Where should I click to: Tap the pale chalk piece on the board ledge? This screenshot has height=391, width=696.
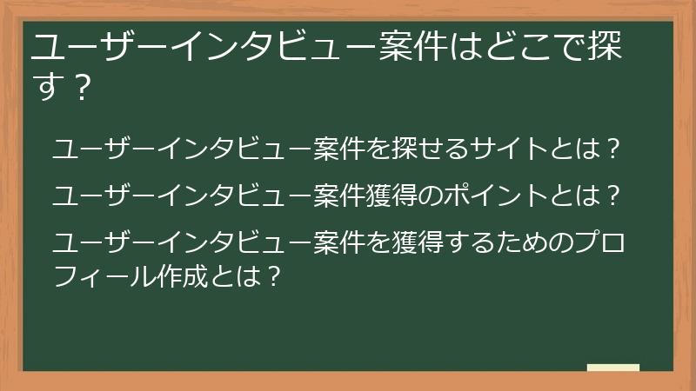pyautogui.click(x=612, y=368)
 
